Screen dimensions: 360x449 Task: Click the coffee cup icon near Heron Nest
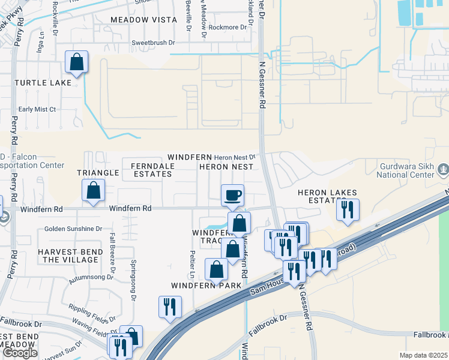232,195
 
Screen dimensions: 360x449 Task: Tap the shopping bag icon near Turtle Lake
77,62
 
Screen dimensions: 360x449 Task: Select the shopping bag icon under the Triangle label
94,191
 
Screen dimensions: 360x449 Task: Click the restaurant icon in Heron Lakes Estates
348,209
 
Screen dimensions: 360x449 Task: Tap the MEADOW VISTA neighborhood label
143,20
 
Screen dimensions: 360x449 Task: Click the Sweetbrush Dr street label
153,43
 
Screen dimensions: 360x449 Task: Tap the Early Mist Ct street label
37,109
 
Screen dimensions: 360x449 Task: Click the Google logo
20,353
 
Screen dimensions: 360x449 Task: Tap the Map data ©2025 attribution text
423,355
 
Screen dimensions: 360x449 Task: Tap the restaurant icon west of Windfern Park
170,307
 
